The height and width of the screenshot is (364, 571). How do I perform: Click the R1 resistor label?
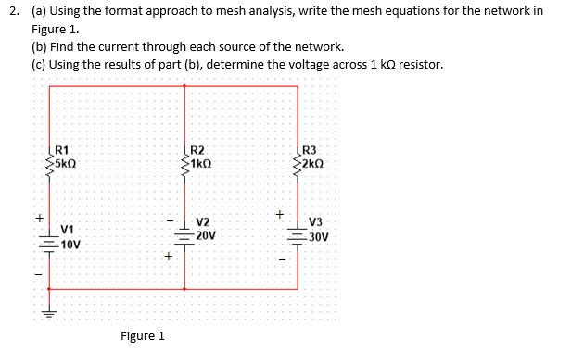coord(62,151)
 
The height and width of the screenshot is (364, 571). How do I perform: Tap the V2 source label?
coord(203,222)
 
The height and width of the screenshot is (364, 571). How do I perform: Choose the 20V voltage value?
coord(207,235)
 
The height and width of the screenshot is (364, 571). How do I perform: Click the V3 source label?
coord(316,222)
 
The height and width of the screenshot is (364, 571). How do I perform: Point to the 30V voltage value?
coord(320,235)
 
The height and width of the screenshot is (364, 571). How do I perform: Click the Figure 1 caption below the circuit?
coord(143,335)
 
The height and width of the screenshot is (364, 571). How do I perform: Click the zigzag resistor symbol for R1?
coord(49,158)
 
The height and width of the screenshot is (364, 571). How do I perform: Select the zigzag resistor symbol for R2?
coord(185,158)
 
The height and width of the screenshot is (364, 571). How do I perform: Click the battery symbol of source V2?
coord(185,233)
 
